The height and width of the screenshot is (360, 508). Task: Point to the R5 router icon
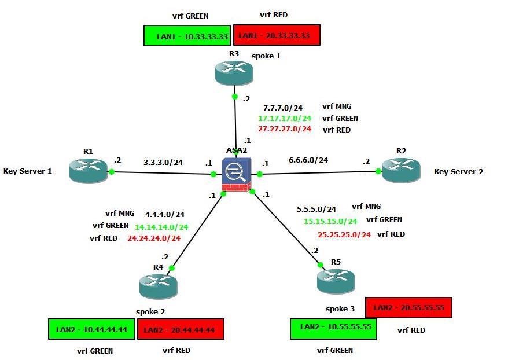(336, 281)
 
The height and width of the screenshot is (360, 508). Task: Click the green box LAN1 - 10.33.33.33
(187, 36)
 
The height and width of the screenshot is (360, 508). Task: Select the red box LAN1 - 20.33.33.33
(277, 35)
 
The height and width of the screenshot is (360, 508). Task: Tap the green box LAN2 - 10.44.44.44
(91, 330)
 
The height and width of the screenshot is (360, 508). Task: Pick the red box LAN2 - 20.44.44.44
(180, 330)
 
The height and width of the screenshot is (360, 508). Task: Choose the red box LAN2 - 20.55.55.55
(408, 308)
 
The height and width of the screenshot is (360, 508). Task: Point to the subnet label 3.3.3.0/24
(163, 163)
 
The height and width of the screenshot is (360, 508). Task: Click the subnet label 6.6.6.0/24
(308, 160)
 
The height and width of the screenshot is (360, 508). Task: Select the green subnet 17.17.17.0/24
(284, 119)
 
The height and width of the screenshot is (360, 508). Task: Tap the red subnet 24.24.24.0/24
(153, 238)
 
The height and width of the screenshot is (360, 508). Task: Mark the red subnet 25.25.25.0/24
(344, 234)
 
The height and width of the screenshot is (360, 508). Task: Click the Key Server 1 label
(28, 171)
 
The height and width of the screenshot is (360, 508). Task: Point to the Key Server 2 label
(459, 172)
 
